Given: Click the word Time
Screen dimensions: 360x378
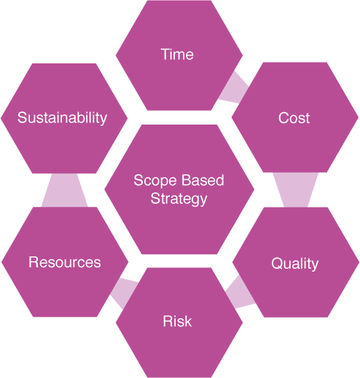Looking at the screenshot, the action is (177, 54).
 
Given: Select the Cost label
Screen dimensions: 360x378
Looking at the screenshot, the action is (294, 118).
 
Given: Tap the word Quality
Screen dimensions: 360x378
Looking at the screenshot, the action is (294, 264).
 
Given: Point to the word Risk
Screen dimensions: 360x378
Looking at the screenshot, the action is (177, 321).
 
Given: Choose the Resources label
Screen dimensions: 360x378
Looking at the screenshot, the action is (65, 262).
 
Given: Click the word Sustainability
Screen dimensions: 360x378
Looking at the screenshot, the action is (62, 118).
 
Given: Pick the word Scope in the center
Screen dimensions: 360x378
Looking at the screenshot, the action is (155, 181).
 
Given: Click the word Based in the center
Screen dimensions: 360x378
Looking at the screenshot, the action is (203, 180).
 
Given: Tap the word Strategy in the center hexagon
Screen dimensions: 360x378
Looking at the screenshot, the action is (179, 199).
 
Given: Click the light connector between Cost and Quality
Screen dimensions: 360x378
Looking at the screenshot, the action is (295, 190).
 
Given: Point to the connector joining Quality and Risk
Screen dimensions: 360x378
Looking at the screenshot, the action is (240, 293).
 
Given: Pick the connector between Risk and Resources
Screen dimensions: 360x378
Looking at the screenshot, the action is (124, 294).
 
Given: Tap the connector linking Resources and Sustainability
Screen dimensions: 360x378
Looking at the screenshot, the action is (65, 190).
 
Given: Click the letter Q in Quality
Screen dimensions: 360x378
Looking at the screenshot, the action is (277, 263).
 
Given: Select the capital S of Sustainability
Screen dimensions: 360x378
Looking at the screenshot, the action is (23, 118).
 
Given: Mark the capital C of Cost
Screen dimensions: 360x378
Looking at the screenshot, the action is (284, 118).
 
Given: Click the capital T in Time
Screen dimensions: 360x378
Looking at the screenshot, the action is (165, 54).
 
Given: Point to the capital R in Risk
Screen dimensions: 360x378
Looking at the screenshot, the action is (168, 321).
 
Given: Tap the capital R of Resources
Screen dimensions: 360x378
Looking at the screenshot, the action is (34, 262).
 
